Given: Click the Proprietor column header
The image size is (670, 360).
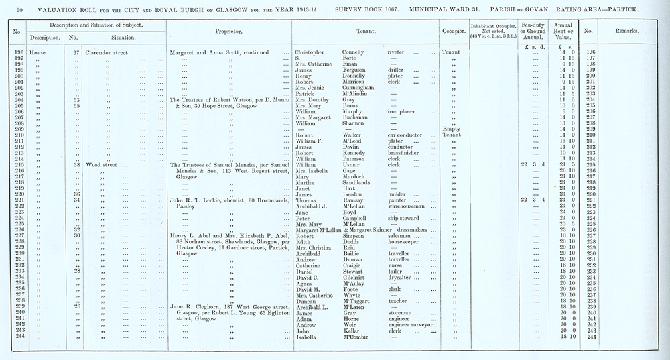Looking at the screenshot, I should pos(228,32).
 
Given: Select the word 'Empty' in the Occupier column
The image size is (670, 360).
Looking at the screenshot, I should pos(450,129).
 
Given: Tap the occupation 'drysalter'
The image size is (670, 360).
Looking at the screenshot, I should pos(403,276).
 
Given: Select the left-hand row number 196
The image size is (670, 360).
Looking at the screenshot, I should pos(18,52).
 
